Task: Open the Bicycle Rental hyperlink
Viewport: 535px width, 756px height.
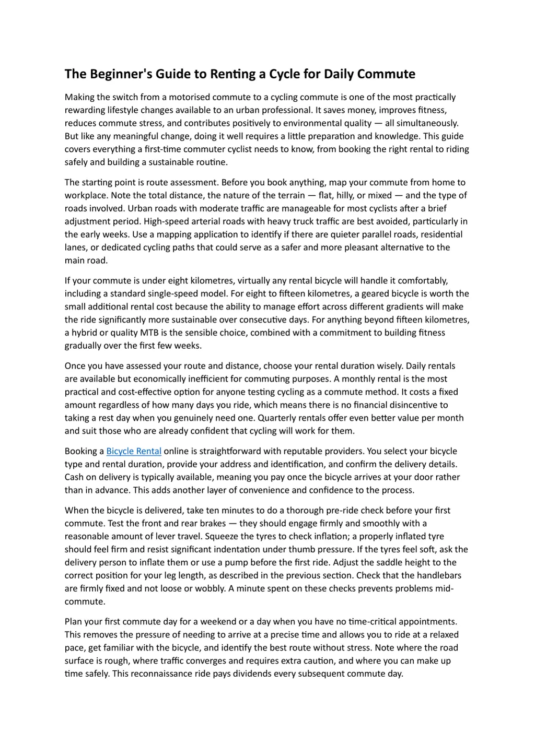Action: [134, 451]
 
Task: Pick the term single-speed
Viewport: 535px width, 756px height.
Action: [176, 293]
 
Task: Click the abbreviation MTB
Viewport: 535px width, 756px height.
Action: [149, 333]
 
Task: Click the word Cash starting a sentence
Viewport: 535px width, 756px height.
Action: [74, 477]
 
